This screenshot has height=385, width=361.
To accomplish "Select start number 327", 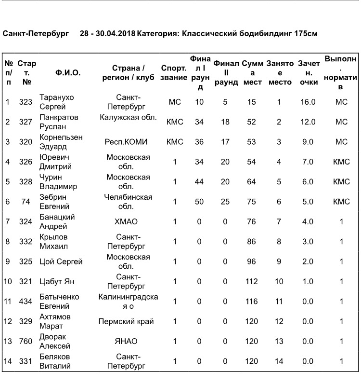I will (26, 122).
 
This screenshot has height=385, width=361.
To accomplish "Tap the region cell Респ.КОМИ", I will (126, 142).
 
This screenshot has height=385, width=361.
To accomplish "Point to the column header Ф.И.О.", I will (68, 73).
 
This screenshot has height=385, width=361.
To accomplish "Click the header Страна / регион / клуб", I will (128, 73).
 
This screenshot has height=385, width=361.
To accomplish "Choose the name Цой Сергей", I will (61, 261).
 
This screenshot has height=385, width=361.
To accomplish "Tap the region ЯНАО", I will (126, 341).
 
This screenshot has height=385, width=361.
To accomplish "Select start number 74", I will (26, 202).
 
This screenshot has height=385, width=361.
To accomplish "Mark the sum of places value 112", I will (251, 281).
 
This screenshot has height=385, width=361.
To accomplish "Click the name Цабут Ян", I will (56, 281).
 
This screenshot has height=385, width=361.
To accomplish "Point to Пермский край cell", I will (126, 321).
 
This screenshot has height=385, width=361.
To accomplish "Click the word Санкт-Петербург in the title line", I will (36, 34).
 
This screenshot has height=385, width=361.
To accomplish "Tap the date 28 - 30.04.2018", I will (107, 34).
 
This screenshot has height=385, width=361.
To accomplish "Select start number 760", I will (26, 341).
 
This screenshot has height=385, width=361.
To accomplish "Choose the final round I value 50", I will (199, 202).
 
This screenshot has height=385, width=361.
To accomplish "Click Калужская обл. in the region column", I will (128, 117).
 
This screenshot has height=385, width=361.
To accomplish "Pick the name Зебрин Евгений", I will (53, 202).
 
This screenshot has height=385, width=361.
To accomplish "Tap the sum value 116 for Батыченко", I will (251, 301).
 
